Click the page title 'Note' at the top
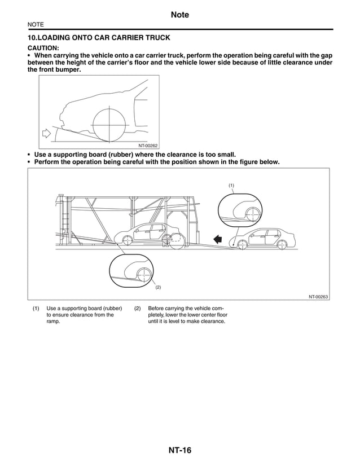pyautogui.click(x=179, y=15)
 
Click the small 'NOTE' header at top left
pyautogui.click(x=36, y=25)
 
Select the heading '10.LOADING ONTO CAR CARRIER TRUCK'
pyautogui.click(x=99, y=38)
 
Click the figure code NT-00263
pyautogui.click(x=318, y=296)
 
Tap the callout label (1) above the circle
pyautogui.click(x=231, y=185)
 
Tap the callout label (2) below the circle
pyautogui.click(x=158, y=287)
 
